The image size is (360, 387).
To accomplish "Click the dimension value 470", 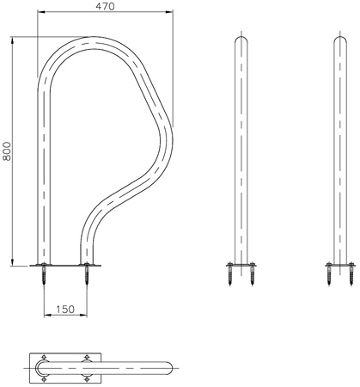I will pos(104,7).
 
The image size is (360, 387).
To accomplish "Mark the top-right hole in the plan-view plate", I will pos(86,355).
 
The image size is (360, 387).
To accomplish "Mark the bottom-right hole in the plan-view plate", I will pos(86,377).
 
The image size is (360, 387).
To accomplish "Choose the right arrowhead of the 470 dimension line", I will pos(168,14).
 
